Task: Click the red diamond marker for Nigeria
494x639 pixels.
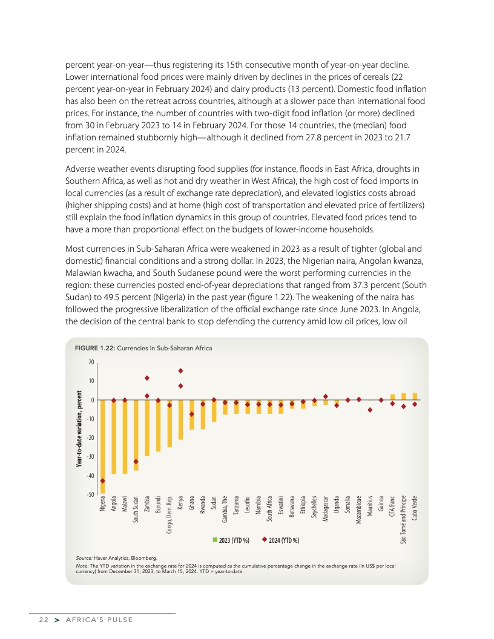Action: (102, 481)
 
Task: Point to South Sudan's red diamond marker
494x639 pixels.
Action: (136, 462)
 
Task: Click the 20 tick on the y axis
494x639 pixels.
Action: (91, 362)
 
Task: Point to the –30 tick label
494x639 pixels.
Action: (90, 457)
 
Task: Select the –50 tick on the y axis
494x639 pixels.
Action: (90, 494)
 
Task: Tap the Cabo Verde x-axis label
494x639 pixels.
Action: (415, 509)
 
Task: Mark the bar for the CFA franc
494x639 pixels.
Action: (392, 397)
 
